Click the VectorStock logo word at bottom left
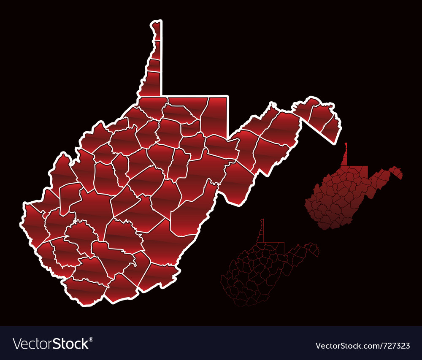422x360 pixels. click(x=51, y=344)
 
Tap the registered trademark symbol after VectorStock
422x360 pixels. click(x=91, y=339)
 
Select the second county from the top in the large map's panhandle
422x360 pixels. click(x=156, y=50)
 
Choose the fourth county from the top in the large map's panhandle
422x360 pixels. click(x=151, y=84)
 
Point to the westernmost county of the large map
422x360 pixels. click(x=34, y=222)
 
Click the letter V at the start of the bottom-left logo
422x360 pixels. click(x=17, y=344)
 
